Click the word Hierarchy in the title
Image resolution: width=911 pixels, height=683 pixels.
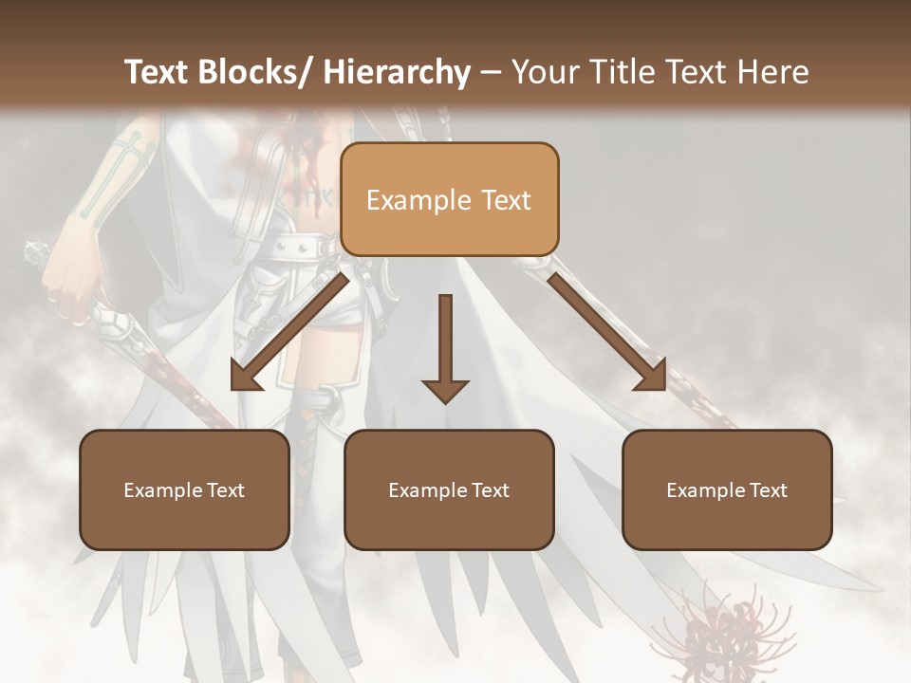pos(397,72)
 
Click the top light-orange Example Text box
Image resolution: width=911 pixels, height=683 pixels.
pos(449,199)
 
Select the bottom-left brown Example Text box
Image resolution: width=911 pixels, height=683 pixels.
pos(184,489)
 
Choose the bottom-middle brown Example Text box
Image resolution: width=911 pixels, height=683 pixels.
pos(449,489)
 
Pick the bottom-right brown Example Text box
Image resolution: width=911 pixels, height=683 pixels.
pos(727,489)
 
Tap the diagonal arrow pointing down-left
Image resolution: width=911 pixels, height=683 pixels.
pos(289,332)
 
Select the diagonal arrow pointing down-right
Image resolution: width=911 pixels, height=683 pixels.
pos(607,332)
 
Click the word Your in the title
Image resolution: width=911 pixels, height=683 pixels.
pos(545,72)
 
